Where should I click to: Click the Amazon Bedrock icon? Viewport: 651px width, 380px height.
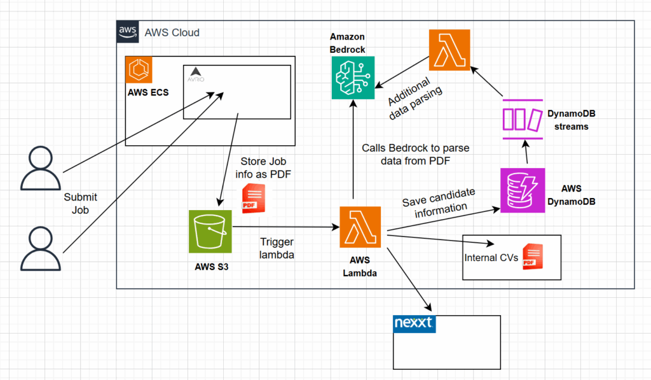pyautogui.click(x=353, y=78)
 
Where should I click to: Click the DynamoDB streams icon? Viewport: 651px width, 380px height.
pyautogui.click(x=523, y=120)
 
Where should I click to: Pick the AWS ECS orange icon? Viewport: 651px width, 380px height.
pyautogui.click(x=139, y=69)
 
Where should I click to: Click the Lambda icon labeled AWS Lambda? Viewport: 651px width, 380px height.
pyautogui.click(x=360, y=227)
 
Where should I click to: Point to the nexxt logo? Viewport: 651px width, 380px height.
pyautogui.click(x=413, y=323)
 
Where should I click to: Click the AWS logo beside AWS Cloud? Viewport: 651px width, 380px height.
pyautogui.click(x=127, y=32)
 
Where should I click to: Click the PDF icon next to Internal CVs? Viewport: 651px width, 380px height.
pyautogui.click(x=532, y=257)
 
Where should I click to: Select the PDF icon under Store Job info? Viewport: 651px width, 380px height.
pyautogui.click(x=253, y=198)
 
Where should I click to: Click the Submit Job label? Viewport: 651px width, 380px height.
pyautogui.click(x=80, y=204)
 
